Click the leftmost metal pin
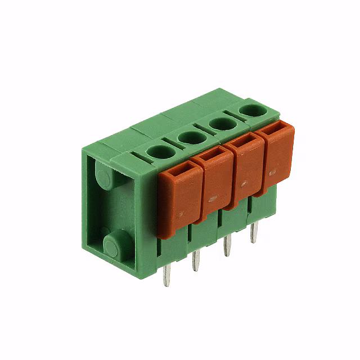[x=166, y=276]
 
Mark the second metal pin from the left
[x=196, y=260]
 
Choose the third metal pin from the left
[x=227, y=246]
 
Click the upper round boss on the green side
[x=106, y=178]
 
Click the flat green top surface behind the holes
[x=169, y=118]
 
